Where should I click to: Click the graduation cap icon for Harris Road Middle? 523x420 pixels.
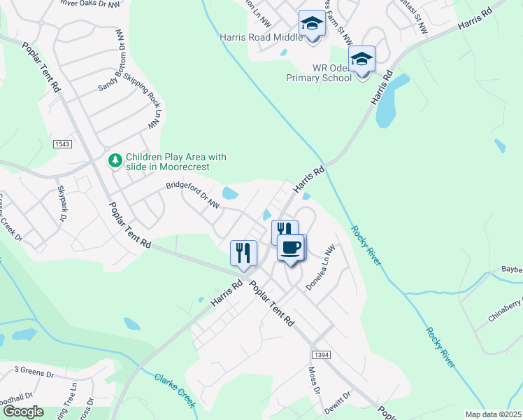point(311,24)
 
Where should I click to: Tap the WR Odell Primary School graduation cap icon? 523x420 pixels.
point(361,60)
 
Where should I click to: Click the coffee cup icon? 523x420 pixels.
point(291,247)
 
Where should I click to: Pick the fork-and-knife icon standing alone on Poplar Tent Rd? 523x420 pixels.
point(243,253)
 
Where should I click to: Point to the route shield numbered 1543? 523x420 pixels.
point(62,143)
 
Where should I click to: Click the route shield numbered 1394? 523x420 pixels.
point(320,356)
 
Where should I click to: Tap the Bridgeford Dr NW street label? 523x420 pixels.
point(193,196)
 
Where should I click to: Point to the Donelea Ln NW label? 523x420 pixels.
point(322,267)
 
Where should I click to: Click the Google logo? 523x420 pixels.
point(24,412)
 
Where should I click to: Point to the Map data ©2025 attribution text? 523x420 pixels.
point(493,414)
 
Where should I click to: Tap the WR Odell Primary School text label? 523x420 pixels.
point(319,73)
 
